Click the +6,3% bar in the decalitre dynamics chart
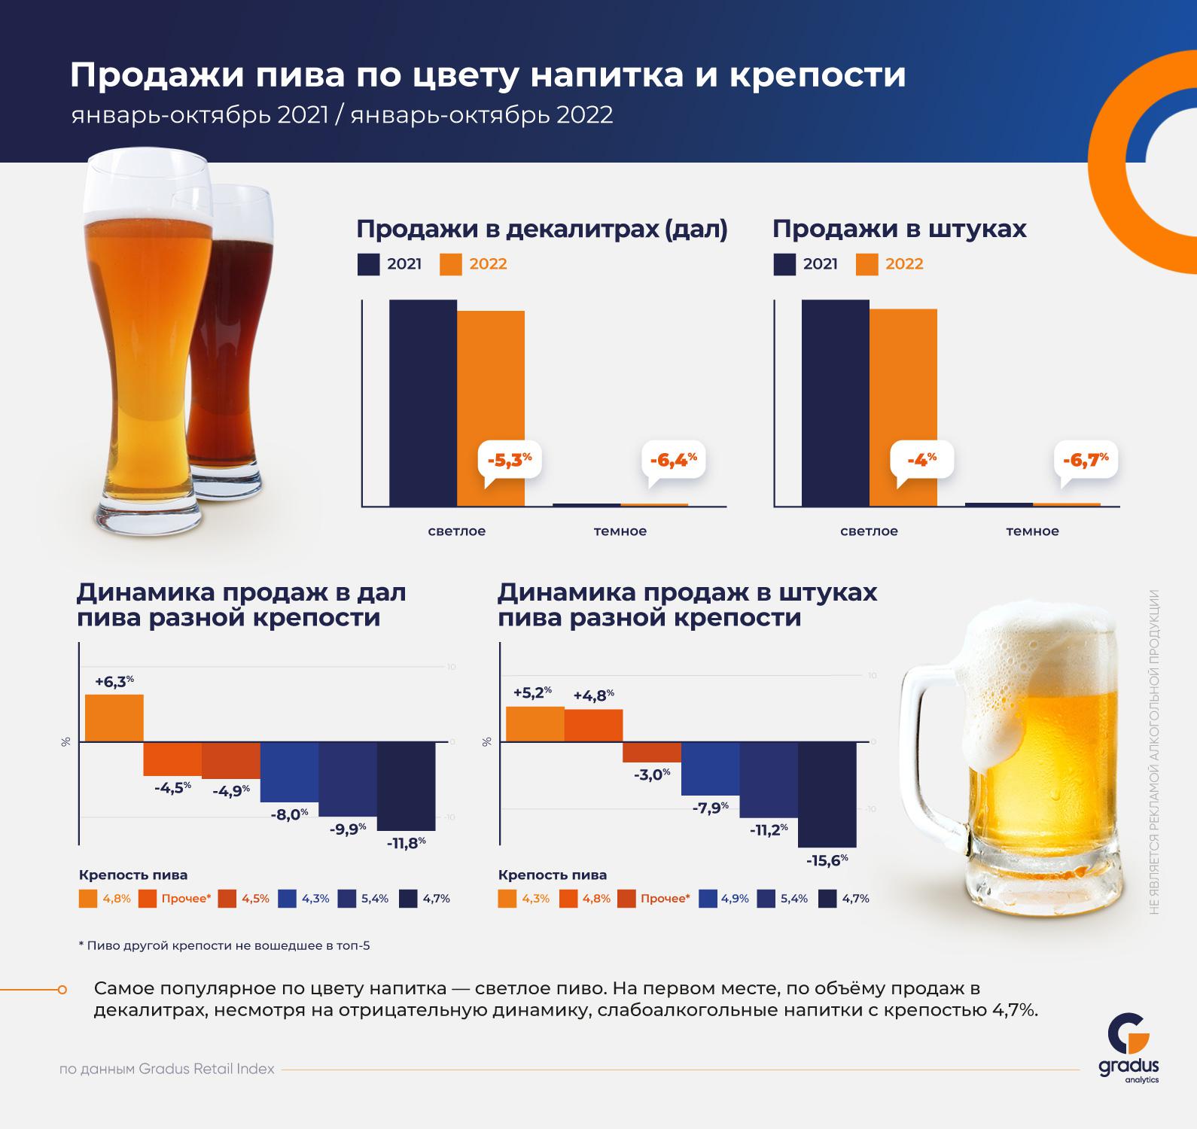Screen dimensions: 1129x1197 click(114, 718)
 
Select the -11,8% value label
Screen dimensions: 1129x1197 click(407, 842)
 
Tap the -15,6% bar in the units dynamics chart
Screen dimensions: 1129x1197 click(827, 794)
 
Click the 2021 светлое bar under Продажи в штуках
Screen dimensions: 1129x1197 click(835, 403)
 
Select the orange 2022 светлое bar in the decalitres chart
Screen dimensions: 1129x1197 click(491, 408)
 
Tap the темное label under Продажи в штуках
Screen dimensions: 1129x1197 click(1032, 531)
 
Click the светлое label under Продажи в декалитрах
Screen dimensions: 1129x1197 click(457, 531)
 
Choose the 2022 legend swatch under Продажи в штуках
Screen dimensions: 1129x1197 click(867, 265)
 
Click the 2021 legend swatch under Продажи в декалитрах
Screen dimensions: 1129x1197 click(368, 265)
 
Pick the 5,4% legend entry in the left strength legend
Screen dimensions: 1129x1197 click(363, 899)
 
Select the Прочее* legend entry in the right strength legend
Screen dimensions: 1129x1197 click(653, 899)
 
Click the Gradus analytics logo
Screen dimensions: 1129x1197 click(1128, 1050)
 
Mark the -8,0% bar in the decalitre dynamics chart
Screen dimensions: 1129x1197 click(290, 771)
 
